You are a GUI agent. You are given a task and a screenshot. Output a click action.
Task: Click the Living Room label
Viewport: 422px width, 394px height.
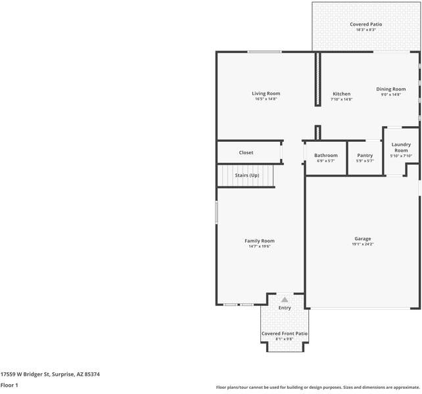(266, 93)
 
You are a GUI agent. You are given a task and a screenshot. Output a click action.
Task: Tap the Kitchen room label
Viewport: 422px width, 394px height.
(341, 94)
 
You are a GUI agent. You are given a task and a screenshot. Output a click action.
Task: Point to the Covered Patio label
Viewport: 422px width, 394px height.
(365, 24)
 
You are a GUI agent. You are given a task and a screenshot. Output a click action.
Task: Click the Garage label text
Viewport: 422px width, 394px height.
(363, 238)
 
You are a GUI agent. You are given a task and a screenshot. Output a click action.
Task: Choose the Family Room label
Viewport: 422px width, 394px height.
(260, 241)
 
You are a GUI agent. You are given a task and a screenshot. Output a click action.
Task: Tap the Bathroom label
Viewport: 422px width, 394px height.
(326, 155)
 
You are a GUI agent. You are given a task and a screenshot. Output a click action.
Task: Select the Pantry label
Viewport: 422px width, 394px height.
(365, 155)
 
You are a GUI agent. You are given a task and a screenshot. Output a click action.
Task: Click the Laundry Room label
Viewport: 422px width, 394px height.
(401, 147)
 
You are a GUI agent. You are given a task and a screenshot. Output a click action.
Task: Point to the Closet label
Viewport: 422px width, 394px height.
(246, 152)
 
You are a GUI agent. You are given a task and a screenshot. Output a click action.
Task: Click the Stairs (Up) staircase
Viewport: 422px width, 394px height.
(245, 176)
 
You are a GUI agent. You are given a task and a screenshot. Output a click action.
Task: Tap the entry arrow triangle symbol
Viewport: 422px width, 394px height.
(285, 299)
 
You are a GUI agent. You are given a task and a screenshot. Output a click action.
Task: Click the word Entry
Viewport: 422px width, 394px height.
(285, 307)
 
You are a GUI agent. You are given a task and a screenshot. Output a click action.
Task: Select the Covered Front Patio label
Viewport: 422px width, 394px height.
(285, 334)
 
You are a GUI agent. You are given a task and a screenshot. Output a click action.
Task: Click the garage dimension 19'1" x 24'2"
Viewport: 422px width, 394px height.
(363, 244)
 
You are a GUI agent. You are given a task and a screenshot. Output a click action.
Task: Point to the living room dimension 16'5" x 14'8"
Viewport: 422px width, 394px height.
(266, 99)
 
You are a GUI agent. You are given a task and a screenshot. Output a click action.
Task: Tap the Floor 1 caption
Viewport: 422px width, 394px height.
(9, 385)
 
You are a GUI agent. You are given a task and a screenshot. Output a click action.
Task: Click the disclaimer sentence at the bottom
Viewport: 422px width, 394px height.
(318, 387)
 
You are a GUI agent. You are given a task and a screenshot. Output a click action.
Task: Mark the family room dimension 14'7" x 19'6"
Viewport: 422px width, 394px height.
(260, 246)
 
